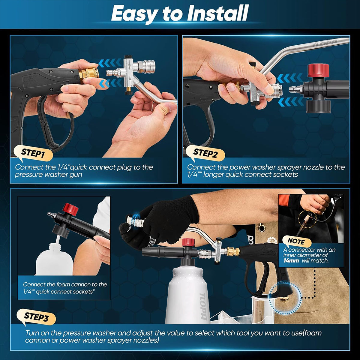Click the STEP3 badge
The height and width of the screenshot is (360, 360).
tap(36, 317)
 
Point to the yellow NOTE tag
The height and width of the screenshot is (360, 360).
tap(296, 241)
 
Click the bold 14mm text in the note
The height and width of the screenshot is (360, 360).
tap(291, 261)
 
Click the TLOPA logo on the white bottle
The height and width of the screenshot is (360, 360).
tap(204, 306)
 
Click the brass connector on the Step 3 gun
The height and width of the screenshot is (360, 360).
tap(231, 251)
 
